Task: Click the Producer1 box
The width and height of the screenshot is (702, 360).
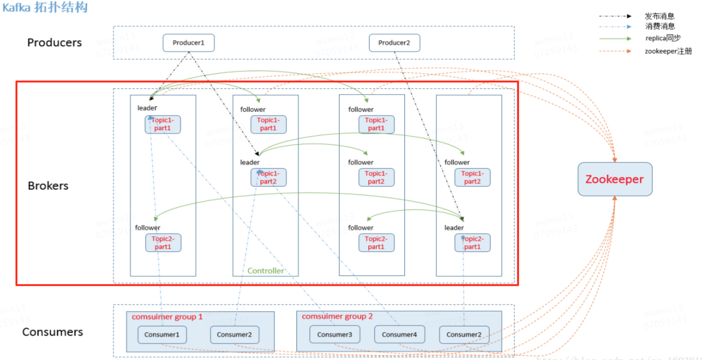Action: [x=188, y=43]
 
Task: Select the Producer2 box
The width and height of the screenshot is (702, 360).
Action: [x=394, y=43]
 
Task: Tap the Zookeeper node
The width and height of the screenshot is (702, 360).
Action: [x=615, y=179]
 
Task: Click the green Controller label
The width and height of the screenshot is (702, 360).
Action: [x=265, y=271]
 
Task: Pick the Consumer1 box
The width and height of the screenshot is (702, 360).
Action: [x=162, y=334]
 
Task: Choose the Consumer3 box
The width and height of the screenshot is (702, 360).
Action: [x=334, y=334]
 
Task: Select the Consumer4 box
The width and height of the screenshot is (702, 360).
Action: [x=399, y=334]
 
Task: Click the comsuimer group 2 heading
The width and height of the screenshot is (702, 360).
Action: [x=337, y=317]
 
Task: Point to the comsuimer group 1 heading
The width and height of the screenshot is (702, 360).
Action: [x=167, y=317]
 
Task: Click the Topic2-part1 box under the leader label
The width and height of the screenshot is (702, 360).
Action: [x=472, y=243]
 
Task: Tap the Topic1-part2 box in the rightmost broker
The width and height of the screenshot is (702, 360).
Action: [x=472, y=177]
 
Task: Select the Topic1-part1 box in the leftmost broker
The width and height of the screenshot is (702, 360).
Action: [x=163, y=124]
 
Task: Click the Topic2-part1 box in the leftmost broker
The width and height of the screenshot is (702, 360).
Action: [x=163, y=243]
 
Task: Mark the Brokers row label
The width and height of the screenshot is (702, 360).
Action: [x=48, y=186]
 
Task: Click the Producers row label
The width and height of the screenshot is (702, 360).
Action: [x=54, y=43]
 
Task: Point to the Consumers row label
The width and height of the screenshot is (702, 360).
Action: [x=52, y=332]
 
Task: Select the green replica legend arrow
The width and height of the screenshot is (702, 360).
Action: [x=615, y=38]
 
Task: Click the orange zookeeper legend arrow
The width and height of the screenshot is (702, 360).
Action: [x=615, y=51]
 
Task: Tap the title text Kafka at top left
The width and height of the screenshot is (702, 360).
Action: [x=16, y=7]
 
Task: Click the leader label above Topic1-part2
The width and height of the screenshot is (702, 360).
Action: [x=250, y=162]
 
